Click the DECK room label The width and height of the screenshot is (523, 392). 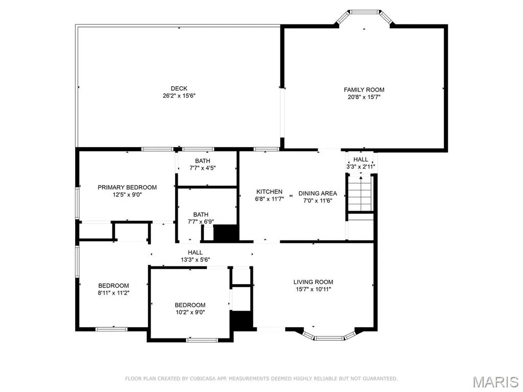click(179, 88)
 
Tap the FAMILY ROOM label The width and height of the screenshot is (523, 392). click(364, 90)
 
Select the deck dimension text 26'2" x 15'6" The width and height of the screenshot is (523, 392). click(179, 96)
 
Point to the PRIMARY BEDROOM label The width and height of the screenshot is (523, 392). click(127, 187)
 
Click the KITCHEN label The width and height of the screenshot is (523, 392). click(270, 192)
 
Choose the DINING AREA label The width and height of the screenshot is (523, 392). click(318, 193)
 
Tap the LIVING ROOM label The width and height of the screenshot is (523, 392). click(313, 282)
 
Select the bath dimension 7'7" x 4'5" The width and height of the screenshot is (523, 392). click(202, 168)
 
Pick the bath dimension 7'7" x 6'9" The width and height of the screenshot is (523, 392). click(201, 222)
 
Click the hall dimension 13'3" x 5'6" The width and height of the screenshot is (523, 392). click(196, 260)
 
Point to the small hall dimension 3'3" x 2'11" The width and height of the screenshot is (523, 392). click(361, 167)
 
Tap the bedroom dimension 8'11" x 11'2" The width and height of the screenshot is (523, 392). click(113, 293)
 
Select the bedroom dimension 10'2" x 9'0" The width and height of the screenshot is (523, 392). click(190, 312)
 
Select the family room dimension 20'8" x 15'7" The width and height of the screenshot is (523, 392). click(364, 97)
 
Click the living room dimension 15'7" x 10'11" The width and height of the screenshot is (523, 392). click(313, 289)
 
